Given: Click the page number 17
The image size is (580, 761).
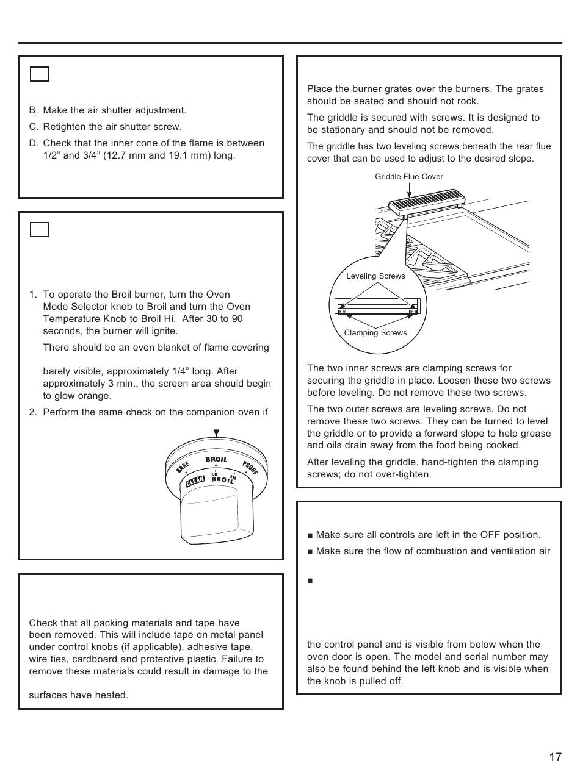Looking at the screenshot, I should pyautogui.click(x=554, y=757).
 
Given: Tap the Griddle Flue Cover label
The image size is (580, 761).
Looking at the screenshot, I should pyautogui.click(x=409, y=177).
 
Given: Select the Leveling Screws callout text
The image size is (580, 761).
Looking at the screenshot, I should pyautogui.click(x=375, y=276).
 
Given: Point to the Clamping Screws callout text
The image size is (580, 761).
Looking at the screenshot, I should pyautogui.click(x=375, y=333).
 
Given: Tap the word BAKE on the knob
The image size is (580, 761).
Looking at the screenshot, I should pyautogui.click(x=182, y=466).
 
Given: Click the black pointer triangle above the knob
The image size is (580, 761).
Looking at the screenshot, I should pyautogui.click(x=216, y=434).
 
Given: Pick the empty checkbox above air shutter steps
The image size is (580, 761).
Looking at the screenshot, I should pyautogui.click(x=40, y=74).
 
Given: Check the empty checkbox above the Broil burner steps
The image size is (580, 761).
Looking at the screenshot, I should pyautogui.click(x=40, y=229).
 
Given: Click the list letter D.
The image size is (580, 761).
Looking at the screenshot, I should pyautogui.click(x=33, y=143).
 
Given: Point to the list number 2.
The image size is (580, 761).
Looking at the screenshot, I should pyautogui.click(x=33, y=412).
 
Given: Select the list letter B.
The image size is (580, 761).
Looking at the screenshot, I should pyautogui.click(x=33, y=110).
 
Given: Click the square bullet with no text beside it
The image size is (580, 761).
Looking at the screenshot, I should pyautogui.click(x=310, y=581).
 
